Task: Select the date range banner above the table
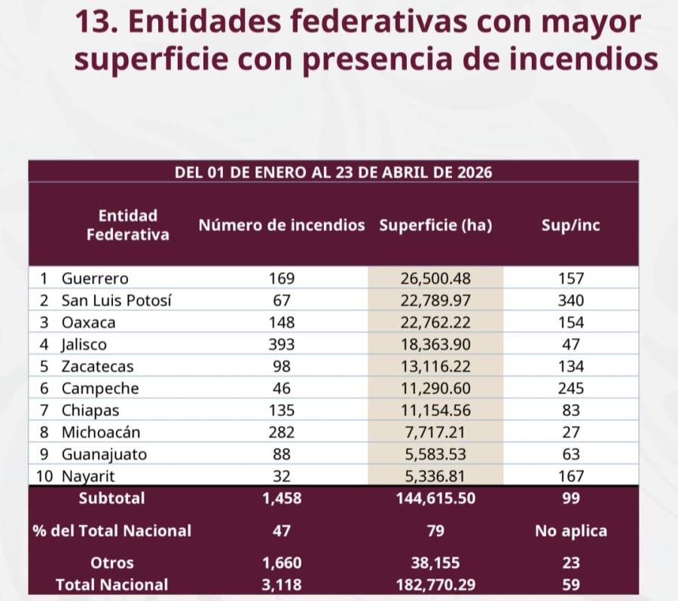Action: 333,172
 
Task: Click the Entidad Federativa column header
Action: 127,225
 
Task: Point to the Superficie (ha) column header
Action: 435,225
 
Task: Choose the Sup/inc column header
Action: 570,225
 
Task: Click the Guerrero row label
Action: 95,278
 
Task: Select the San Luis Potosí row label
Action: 116,300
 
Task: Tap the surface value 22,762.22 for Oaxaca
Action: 435,322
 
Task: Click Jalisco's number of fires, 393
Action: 281,345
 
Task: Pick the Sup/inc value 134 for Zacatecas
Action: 570,367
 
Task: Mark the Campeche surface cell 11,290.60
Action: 435,389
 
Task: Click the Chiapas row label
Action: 90,411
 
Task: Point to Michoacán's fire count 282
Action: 281,433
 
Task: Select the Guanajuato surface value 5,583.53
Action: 435,455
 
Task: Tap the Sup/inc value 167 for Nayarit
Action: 570,477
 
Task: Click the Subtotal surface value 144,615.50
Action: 435,499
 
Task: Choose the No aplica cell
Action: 570,531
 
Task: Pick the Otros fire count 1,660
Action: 281,563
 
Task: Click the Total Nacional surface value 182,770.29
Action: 435,584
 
